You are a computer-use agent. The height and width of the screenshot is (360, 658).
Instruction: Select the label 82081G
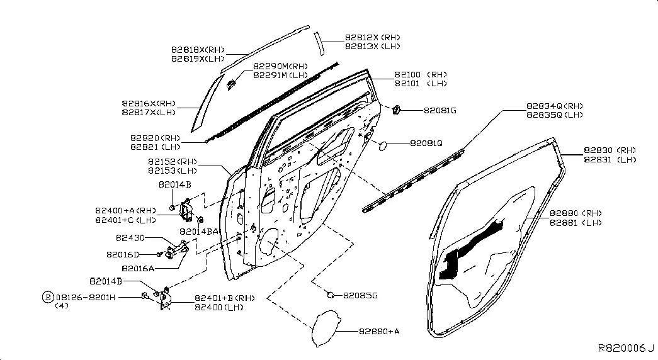[440, 111]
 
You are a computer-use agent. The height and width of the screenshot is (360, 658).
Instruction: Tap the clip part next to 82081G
[397, 110]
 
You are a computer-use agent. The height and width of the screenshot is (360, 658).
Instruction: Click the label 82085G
[360, 295]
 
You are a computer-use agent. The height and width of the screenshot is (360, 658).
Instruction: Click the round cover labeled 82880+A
[326, 327]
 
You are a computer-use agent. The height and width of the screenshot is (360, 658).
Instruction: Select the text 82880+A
[380, 330]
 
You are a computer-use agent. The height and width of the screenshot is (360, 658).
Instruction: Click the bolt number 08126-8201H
[85, 296]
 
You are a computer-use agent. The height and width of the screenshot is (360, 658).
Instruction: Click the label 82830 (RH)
[610, 150]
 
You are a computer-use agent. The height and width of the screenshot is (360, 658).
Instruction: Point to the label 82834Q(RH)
[555, 106]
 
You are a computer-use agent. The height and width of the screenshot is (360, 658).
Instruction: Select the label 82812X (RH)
[372, 37]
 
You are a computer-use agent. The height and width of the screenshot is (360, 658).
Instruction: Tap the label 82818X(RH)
[198, 50]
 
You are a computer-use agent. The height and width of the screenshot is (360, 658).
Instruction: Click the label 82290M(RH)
[280, 66]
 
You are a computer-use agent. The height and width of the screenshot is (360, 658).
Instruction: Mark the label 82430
[130, 239]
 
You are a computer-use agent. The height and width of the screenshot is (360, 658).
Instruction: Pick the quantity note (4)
[61, 305]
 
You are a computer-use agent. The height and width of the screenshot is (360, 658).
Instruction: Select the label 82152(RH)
[173, 162]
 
